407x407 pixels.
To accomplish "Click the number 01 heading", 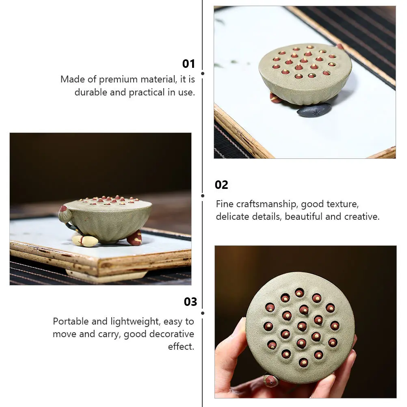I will [x=188, y=64].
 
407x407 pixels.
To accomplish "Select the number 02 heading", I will [x=221, y=185].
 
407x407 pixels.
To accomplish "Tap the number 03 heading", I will [x=190, y=302].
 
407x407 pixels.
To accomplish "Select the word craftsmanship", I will [x=265, y=204].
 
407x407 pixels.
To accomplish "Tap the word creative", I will [x=361, y=216].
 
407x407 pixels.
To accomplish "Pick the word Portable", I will [x=71, y=321].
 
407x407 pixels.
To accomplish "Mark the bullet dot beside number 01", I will [x=203, y=74].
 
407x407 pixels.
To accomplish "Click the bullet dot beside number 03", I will [x=203, y=313].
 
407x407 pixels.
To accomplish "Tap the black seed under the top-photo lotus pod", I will [x=314, y=110].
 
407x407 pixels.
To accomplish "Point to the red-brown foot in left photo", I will [x=134, y=238].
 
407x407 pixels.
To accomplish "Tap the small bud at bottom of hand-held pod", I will [x=271, y=381].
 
